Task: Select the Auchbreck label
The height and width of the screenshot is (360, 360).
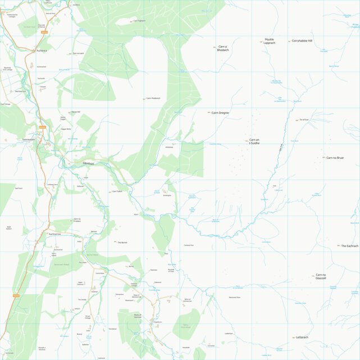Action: (x=42, y=51)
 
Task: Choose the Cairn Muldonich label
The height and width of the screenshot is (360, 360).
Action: (x=153, y=98)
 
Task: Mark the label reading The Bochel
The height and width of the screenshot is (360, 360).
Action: (x=122, y=243)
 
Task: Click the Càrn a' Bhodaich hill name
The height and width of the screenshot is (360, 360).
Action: (x=224, y=48)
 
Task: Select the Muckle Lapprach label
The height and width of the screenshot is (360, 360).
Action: (x=270, y=41)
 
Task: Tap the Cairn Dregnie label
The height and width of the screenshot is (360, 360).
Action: (x=220, y=113)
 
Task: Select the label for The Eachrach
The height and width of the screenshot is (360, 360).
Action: (x=349, y=246)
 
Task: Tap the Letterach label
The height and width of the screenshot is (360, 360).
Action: (x=302, y=338)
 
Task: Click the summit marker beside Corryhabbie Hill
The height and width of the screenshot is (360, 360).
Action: (x=289, y=41)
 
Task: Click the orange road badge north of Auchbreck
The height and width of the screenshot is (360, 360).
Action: (x=44, y=33)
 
